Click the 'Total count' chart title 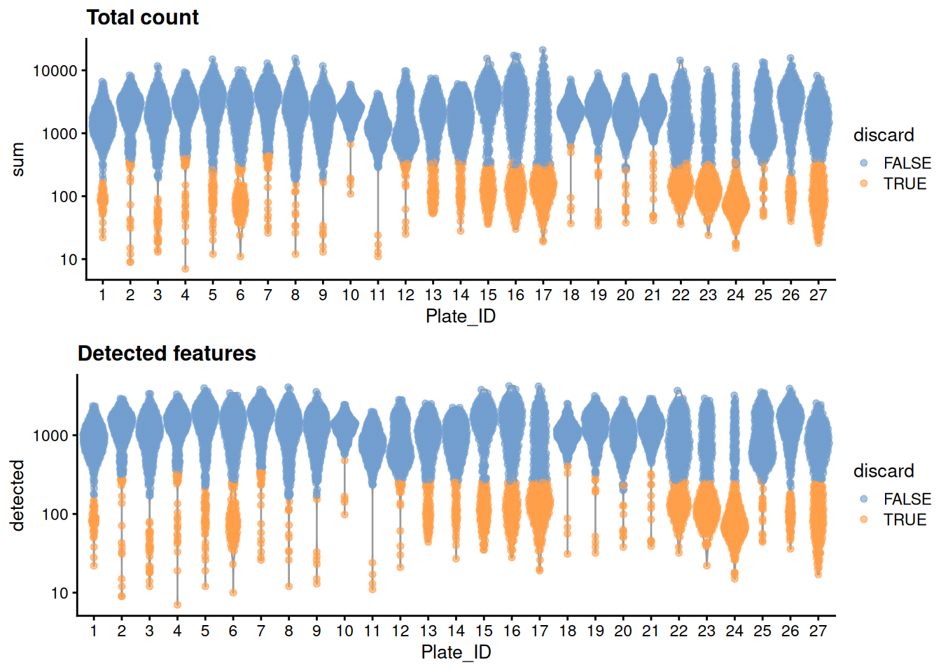click(142, 17)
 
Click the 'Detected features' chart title click(167, 353)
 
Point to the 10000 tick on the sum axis click(55, 71)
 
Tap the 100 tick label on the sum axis click(64, 197)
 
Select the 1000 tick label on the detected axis click(50, 435)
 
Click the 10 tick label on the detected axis click(60, 593)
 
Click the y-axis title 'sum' click(18, 159)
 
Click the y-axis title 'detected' click(18, 495)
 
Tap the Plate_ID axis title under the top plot click(460, 316)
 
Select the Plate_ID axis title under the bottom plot click(456, 652)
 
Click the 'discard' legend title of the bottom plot click(884, 471)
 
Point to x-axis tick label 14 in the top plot click(460, 295)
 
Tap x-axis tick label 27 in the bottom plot click(818, 631)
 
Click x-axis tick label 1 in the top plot click(102, 295)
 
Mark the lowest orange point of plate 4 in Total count click(185, 269)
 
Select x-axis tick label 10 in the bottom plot click(344, 631)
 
